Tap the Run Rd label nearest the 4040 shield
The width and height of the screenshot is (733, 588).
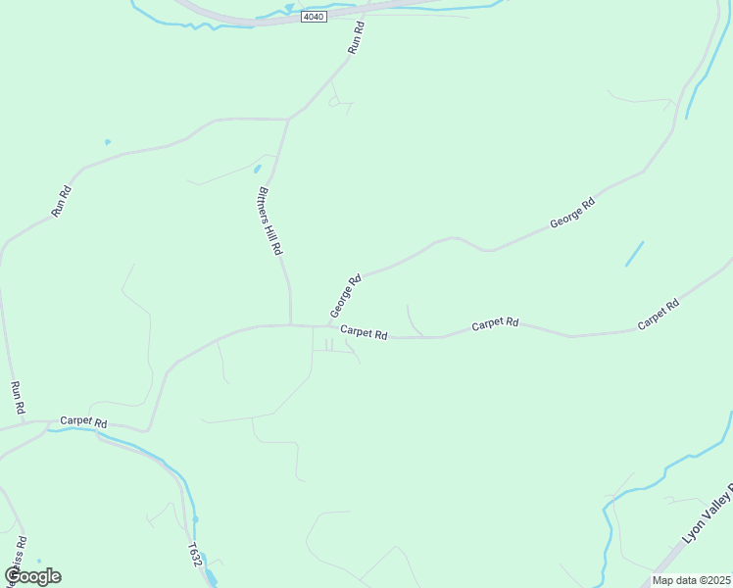(x=356, y=38)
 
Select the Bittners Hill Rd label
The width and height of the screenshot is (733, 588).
(x=269, y=221)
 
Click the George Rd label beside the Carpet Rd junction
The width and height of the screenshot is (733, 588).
(x=346, y=295)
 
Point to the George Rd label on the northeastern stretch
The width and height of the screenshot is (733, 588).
(x=572, y=214)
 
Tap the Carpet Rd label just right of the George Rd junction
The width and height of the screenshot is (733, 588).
(x=364, y=333)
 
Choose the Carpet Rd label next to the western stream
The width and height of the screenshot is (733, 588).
(x=82, y=421)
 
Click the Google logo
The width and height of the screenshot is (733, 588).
(x=32, y=575)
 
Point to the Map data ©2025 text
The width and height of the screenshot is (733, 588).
(x=690, y=580)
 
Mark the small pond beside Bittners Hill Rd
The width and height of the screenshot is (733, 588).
(x=258, y=169)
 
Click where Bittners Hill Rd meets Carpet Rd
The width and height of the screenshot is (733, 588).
(x=291, y=324)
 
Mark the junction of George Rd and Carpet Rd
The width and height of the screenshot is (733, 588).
(x=327, y=326)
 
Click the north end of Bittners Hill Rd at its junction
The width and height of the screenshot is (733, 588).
(x=287, y=120)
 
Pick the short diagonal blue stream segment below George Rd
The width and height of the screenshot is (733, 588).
(x=634, y=254)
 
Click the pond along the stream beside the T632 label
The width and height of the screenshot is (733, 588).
(x=195, y=519)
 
